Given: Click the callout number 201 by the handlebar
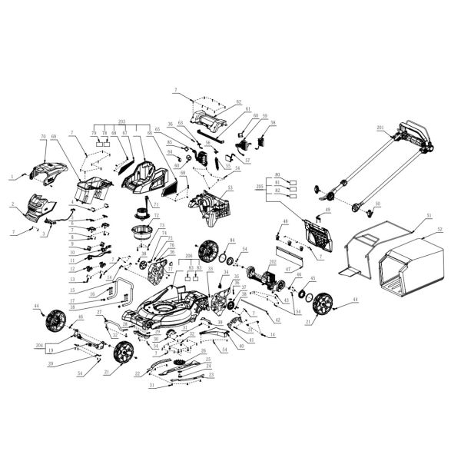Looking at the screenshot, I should (380, 127).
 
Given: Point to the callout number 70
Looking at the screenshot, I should (44, 138).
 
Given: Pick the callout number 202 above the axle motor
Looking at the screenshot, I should (270, 262).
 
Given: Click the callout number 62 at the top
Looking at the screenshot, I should (238, 101).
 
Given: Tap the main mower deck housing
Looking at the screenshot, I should (165, 307).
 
